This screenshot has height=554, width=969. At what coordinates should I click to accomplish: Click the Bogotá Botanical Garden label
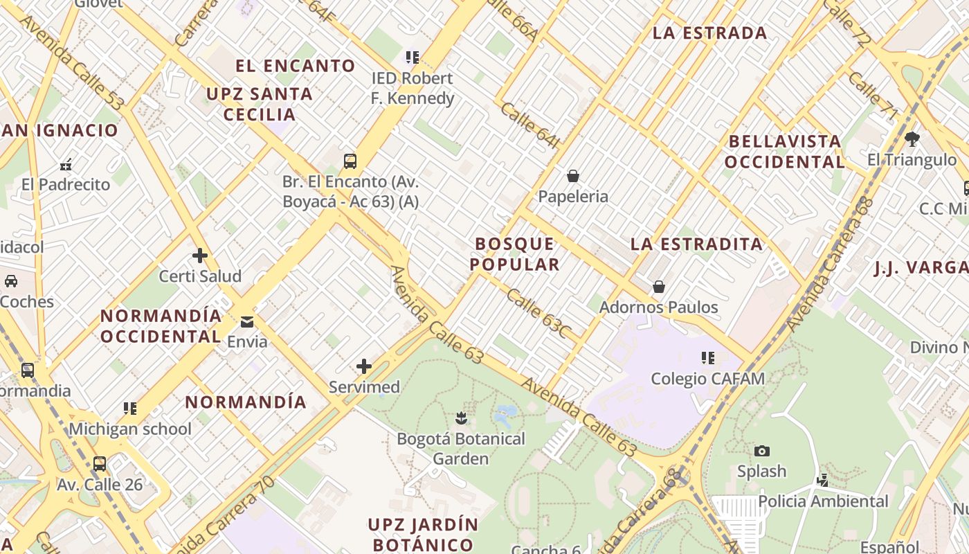pyautogui.click(x=461, y=448)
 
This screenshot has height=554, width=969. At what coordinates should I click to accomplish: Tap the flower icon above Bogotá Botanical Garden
pyautogui.click(x=461, y=418)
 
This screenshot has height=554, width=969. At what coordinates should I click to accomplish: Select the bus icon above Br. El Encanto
pyautogui.click(x=350, y=161)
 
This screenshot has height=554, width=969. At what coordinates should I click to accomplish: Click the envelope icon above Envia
pyautogui.click(x=247, y=322)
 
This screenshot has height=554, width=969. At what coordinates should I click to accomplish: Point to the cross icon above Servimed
pyautogui.click(x=364, y=366)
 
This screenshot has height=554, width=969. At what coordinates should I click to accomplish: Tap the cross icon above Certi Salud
pyautogui.click(x=200, y=256)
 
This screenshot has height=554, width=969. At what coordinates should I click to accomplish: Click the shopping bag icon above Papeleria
pyautogui.click(x=573, y=176)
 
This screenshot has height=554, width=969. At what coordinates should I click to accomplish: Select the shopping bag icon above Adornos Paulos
pyautogui.click(x=659, y=286)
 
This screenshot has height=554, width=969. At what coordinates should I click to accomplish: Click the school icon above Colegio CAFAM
pyautogui.click(x=707, y=358)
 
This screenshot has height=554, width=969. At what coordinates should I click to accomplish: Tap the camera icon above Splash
pyautogui.click(x=761, y=451)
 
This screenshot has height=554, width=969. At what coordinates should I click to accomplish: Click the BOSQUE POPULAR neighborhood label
pyautogui.click(x=515, y=253)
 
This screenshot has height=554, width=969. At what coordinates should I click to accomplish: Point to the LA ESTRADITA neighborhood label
pyautogui.click(x=696, y=244)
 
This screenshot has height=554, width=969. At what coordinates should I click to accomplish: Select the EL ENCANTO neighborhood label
pyautogui.click(x=296, y=66)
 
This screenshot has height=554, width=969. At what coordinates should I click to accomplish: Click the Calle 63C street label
pyautogui.click(x=537, y=314)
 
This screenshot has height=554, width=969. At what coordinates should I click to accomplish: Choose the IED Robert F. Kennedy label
pyautogui.click(x=413, y=88)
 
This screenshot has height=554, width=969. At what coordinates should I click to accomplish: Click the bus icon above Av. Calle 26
pyautogui.click(x=100, y=463)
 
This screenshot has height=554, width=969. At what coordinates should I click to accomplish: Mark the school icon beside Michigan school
pyautogui.click(x=129, y=409)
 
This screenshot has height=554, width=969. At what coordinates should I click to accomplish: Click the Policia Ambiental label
pyautogui.click(x=823, y=501)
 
